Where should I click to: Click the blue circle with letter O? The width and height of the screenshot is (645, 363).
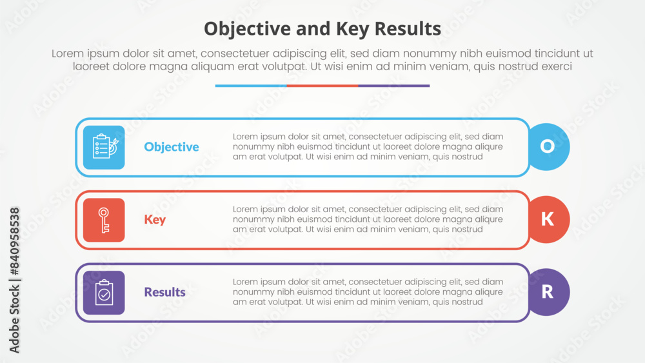(x=548, y=147)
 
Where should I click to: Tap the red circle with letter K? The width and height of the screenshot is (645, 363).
(x=548, y=220)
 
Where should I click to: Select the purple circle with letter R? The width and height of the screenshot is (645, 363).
(x=548, y=292)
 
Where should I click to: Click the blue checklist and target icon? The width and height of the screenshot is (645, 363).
(x=104, y=147)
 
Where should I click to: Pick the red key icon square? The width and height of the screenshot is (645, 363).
(x=104, y=220)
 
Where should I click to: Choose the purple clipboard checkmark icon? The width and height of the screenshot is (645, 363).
(x=104, y=292)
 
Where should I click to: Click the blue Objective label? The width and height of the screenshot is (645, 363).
(x=172, y=147)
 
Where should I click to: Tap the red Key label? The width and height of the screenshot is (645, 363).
(x=155, y=220)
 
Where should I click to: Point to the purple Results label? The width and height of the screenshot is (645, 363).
(x=164, y=292)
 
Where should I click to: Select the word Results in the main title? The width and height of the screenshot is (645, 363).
(x=410, y=29)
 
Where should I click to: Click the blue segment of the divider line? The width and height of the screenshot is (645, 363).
(x=250, y=86)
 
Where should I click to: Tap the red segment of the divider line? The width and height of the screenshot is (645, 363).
(x=322, y=86)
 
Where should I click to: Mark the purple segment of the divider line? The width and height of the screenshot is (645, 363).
(x=394, y=86)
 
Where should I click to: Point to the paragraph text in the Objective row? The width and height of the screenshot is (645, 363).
(x=368, y=147)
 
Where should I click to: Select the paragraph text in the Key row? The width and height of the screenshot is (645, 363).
(x=368, y=220)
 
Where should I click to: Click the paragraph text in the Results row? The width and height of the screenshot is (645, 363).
(x=368, y=292)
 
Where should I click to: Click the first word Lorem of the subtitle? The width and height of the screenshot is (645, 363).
(x=67, y=54)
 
